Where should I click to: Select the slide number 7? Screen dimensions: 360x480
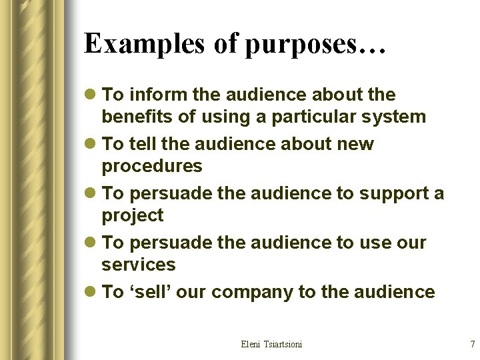click(x=472, y=344)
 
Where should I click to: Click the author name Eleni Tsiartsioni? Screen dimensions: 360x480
click(x=271, y=344)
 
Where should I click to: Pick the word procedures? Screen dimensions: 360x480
click(x=151, y=166)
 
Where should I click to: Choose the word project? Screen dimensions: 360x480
click(x=132, y=215)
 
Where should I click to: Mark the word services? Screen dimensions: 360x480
click(x=138, y=265)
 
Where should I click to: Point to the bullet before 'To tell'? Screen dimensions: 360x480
click(x=90, y=145)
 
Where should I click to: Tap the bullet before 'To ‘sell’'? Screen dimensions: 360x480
click(x=90, y=293)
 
